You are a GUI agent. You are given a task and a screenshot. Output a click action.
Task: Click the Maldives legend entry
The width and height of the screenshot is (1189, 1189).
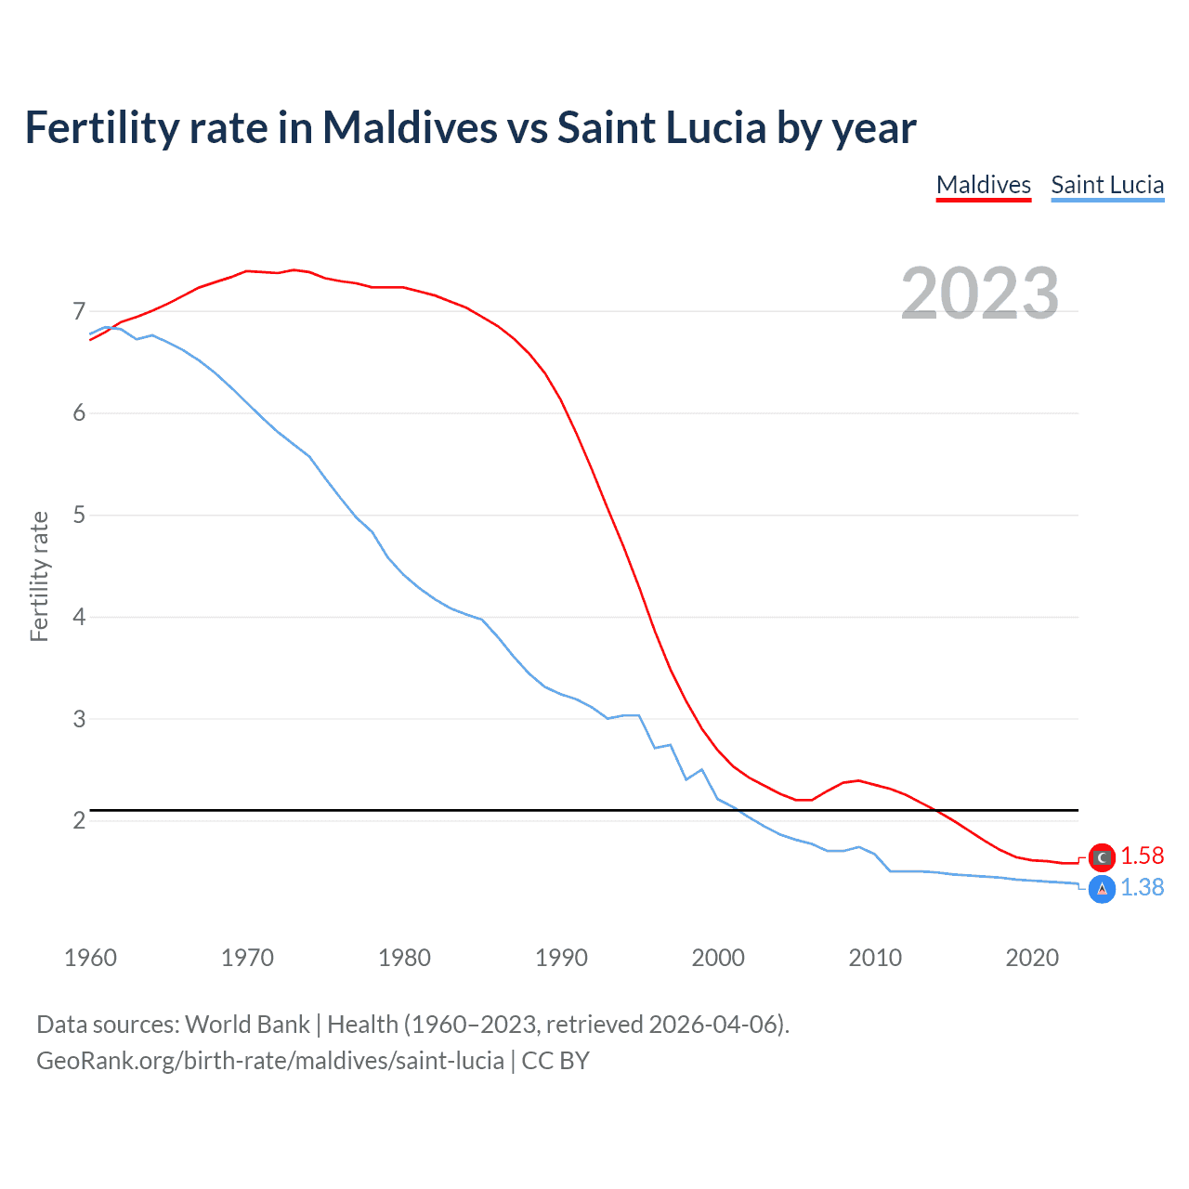pyautogui.click(x=984, y=185)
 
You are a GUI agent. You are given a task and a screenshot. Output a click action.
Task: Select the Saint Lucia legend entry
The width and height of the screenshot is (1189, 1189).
pyautogui.click(x=1107, y=185)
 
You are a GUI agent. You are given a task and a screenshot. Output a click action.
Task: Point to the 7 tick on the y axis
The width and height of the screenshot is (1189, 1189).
pyautogui.click(x=79, y=311)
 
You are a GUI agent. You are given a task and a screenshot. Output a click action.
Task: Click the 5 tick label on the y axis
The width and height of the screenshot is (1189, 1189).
pyautogui.click(x=79, y=515)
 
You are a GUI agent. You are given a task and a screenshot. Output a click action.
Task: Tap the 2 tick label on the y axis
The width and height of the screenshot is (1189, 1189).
pyautogui.click(x=79, y=820)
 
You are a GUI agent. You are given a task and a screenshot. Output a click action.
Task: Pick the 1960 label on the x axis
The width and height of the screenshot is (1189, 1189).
pyautogui.click(x=90, y=958)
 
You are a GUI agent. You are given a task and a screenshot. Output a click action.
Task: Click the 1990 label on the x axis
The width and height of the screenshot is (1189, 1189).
pyautogui.click(x=561, y=958)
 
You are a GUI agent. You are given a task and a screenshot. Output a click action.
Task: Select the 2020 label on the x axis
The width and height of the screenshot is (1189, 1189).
pyautogui.click(x=1032, y=958)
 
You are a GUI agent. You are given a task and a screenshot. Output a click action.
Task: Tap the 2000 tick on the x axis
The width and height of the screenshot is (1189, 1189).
pyautogui.click(x=718, y=958)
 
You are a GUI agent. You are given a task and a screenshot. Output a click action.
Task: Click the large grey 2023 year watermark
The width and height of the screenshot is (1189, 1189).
pyautogui.click(x=980, y=294)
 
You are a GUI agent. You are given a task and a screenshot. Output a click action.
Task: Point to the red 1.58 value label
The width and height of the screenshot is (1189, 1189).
pyautogui.click(x=1142, y=856)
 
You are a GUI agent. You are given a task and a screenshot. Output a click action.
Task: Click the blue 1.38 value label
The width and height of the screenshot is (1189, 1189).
pyautogui.click(x=1142, y=888)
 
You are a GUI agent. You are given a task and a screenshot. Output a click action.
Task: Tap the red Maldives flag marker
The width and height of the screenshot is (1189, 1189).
pyautogui.click(x=1102, y=856)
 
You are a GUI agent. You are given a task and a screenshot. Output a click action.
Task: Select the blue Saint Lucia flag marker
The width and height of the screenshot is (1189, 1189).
pyautogui.click(x=1102, y=889)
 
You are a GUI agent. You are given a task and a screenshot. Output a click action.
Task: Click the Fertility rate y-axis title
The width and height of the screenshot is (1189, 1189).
pyautogui.click(x=39, y=576)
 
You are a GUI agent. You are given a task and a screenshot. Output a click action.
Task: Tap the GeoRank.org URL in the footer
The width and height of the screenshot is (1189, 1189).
pyautogui.click(x=269, y=1061)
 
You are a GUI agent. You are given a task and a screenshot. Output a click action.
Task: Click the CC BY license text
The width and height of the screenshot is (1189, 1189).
pyautogui.click(x=555, y=1061)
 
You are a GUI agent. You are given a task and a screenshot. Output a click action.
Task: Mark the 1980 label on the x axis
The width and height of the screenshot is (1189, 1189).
pyautogui.click(x=404, y=958)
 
